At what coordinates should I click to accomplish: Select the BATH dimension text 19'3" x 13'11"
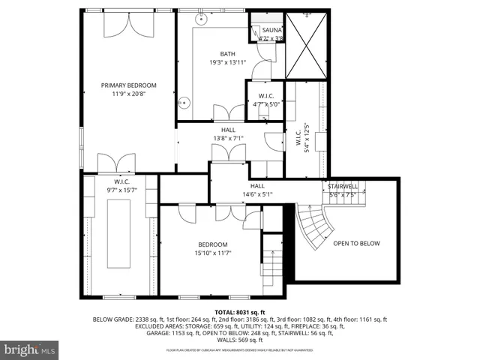pyautogui.click(x=227, y=63)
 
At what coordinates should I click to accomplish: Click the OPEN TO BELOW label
pyautogui.click(x=356, y=243)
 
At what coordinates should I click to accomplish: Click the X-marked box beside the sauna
pyautogui.click(x=307, y=44)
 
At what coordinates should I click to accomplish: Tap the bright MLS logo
pyautogui.click(x=30, y=349)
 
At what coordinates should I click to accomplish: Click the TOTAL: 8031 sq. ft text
pyautogui.click(x=239, y=311)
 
